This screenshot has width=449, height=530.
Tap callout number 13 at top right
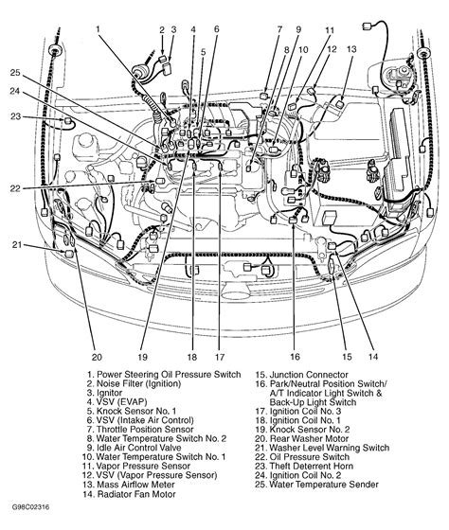(x=350, y=48)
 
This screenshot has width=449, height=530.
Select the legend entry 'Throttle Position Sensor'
(x=133, y=429)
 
